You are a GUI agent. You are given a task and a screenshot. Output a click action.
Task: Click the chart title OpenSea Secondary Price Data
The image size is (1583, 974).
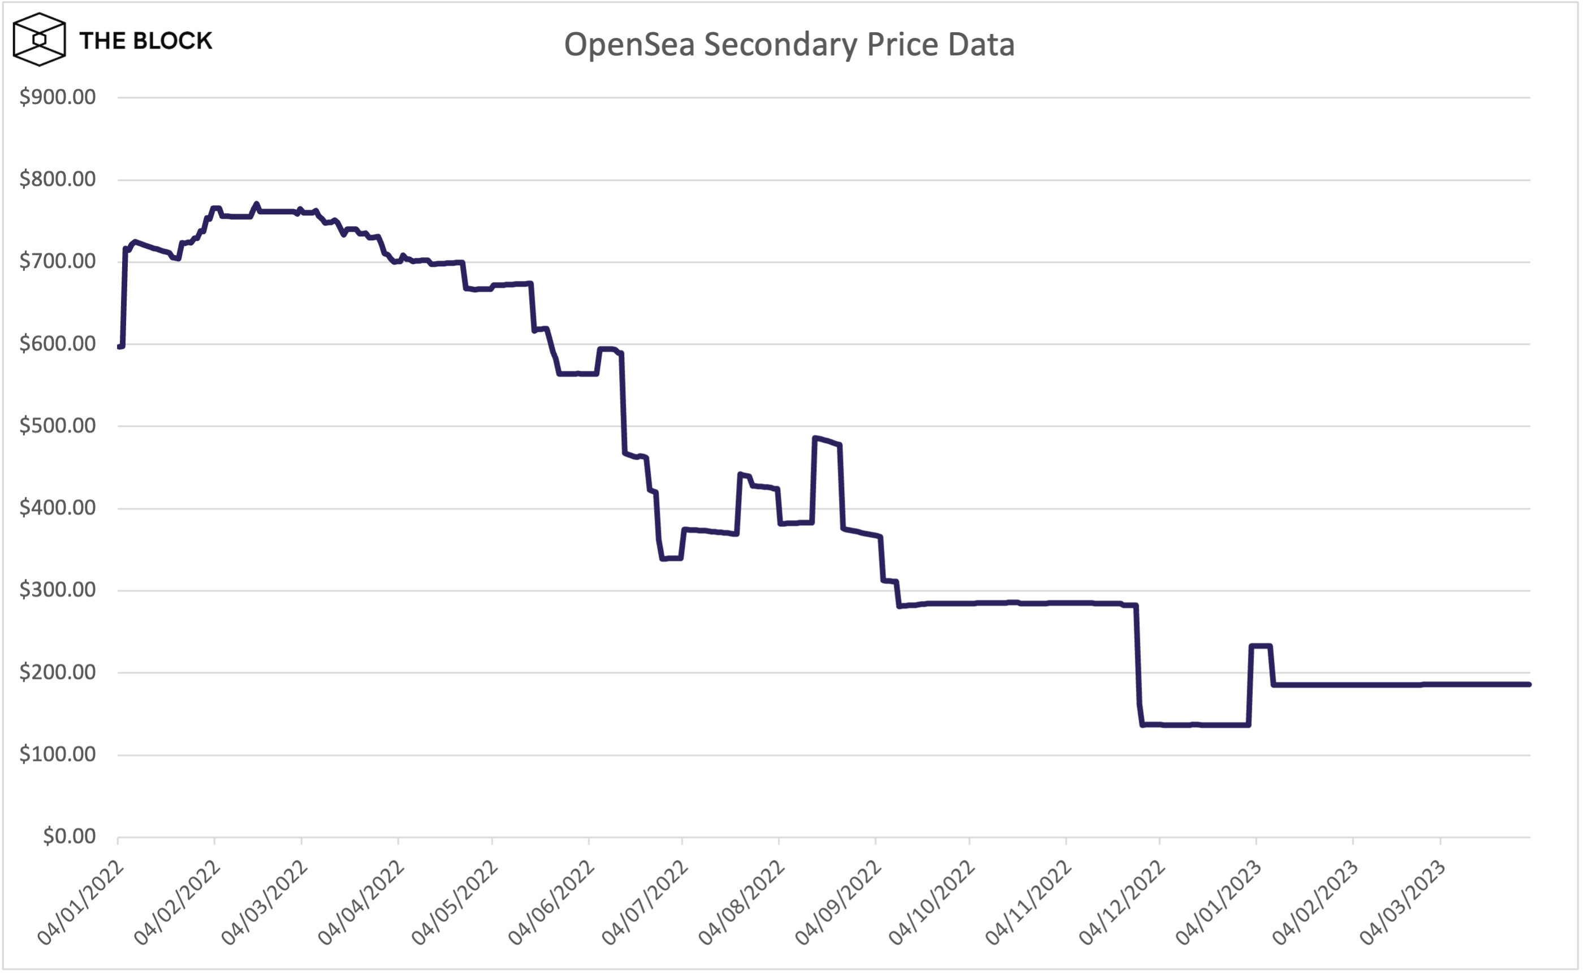point(789,45)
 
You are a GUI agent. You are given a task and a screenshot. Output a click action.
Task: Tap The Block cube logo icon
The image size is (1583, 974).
point(40,40)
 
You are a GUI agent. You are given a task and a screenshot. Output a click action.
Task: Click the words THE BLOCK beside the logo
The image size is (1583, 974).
point(146,41)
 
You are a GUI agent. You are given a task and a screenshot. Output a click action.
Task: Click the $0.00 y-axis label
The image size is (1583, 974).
point(69,836)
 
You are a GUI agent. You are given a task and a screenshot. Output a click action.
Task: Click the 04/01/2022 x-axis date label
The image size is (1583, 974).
point(80,903)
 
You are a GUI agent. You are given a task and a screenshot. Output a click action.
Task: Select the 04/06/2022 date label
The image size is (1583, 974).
point(551,903)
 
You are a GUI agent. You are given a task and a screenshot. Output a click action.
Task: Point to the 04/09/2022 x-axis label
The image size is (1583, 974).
point(838,903)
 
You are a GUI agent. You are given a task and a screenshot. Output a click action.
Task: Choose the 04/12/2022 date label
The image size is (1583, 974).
point(1122,903)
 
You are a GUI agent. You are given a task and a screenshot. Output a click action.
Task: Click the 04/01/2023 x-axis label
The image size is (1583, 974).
point(1219,903)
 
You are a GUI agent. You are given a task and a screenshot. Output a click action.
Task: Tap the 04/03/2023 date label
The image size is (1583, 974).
point(1403,903)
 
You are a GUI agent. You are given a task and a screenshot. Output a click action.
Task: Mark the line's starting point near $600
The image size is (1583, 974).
point(120,347)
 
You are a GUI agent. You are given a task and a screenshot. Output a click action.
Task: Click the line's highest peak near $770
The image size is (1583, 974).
point(257,204)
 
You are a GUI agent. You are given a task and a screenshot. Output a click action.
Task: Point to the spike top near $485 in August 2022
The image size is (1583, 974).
point(816,438)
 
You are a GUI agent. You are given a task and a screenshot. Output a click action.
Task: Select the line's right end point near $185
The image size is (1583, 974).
point(1529,684)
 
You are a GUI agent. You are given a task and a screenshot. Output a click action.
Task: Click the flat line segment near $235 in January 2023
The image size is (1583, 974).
point(1260,646)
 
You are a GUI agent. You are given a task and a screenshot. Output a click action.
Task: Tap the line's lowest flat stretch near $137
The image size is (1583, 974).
point(1195,725)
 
